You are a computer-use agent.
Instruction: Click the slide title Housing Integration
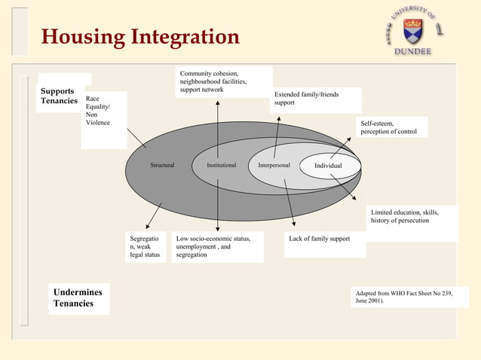tap(140, 37)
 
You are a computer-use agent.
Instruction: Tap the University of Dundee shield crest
tap(413, 31)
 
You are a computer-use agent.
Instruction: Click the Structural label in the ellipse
tap(162, 165)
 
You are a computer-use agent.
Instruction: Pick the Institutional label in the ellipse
tap(216, 165)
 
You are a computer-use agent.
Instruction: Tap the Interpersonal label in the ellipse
tap(274, 165)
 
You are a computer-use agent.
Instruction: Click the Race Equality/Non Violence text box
tap(104, 110)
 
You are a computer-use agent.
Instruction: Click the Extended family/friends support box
tap(315, 99)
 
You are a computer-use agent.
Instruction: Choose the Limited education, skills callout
tap(412, 218)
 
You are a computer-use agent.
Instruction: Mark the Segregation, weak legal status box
tap(146, 247)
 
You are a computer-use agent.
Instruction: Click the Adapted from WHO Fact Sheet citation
tap(403, 297)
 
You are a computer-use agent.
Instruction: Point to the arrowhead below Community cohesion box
tap(217, 102)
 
